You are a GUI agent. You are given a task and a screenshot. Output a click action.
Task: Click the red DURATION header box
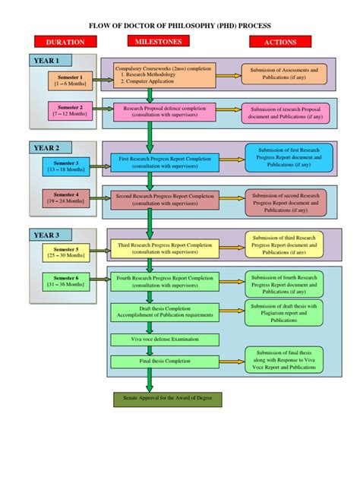click(x=65, y=43)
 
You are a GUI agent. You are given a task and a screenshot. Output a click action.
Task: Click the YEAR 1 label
click(x=50, y=60)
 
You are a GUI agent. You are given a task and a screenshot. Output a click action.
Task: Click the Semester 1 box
click(x=69, y=80)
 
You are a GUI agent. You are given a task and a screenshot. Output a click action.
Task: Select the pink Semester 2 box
click(x=69, y=111)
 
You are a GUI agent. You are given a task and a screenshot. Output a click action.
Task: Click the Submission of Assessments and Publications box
click(x=279, y=73)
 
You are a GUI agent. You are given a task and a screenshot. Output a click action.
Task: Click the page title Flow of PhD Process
click(x=180, y=24)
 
